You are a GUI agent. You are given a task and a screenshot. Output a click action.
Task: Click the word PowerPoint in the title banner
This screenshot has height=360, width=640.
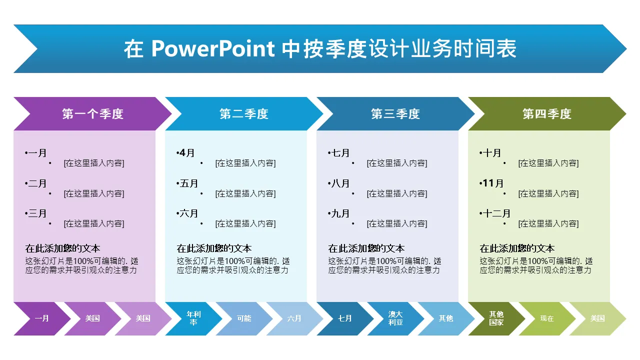(213, 48)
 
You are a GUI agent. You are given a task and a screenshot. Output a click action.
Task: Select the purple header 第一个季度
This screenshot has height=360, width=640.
(93, 113)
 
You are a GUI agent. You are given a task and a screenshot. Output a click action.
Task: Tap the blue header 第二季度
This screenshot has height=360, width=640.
(244, 113)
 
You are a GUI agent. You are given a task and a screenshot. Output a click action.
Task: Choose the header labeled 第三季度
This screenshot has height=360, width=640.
(395, 113)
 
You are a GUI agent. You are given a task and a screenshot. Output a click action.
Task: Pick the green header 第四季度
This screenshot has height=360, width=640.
(547, 113)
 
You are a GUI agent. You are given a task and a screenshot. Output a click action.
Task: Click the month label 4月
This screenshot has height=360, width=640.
(187, 153)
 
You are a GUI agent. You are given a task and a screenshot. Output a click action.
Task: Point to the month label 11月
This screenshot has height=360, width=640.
(493, 183)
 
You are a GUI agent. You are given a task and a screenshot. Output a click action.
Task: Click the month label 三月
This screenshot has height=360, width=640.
(37, 213)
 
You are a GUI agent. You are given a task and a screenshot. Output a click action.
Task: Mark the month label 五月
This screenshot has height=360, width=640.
(189, 183)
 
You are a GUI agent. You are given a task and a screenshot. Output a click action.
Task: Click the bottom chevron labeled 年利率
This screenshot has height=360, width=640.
(193, 318)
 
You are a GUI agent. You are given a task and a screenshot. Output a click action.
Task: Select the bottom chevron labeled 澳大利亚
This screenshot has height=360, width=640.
(395, 318)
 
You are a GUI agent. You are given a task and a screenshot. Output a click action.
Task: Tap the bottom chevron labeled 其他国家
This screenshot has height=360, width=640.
(496, 318)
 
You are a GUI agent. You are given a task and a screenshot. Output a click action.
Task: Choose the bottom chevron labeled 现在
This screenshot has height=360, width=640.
(547, 318)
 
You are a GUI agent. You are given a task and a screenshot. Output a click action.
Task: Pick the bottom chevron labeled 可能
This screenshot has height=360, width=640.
(244, 318)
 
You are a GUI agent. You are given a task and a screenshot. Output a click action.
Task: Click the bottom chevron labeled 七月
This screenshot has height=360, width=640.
(345, 318)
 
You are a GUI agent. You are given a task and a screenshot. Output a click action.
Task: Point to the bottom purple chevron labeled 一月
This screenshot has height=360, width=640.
(42, 318)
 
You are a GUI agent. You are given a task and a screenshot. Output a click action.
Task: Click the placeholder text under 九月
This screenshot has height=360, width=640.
(397, 223)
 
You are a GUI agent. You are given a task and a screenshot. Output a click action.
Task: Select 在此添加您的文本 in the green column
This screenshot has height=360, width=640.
(517, 248)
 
